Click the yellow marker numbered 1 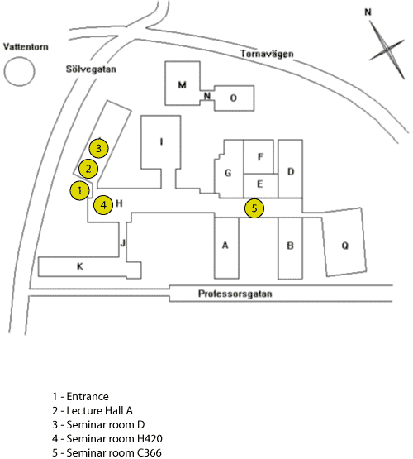point(79,190)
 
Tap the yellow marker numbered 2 point(88,169)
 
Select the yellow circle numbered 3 point(98,148)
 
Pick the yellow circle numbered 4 point(103,205)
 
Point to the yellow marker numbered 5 point(254,208)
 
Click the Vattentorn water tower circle point(19,71)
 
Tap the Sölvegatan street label point(91,69)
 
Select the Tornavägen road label point(267,54)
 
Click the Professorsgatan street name point(235,294)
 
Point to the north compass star point(387,49)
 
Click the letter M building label point(182,85)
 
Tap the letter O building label point(233,98)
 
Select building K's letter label point(80,266)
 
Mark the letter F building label point(260,157)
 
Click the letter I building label point(161,141)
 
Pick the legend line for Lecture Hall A point(93,411)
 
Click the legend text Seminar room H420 point(107,439)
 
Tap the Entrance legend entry point(80,397)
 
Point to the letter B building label point(290,246)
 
